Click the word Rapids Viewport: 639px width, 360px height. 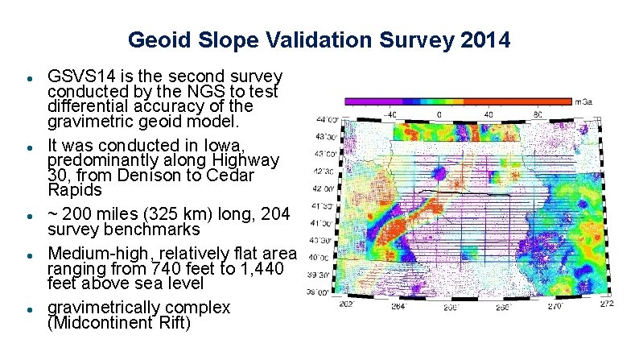[x=75, y=190]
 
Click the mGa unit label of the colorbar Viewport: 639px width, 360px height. [x=584, y=102]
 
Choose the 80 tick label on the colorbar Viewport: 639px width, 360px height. [x=538, y=114]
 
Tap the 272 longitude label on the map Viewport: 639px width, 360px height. [x=606, y=304]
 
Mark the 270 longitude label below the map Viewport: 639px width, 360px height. [x=554, y=307]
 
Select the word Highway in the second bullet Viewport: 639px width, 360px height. [x=251, y=160]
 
